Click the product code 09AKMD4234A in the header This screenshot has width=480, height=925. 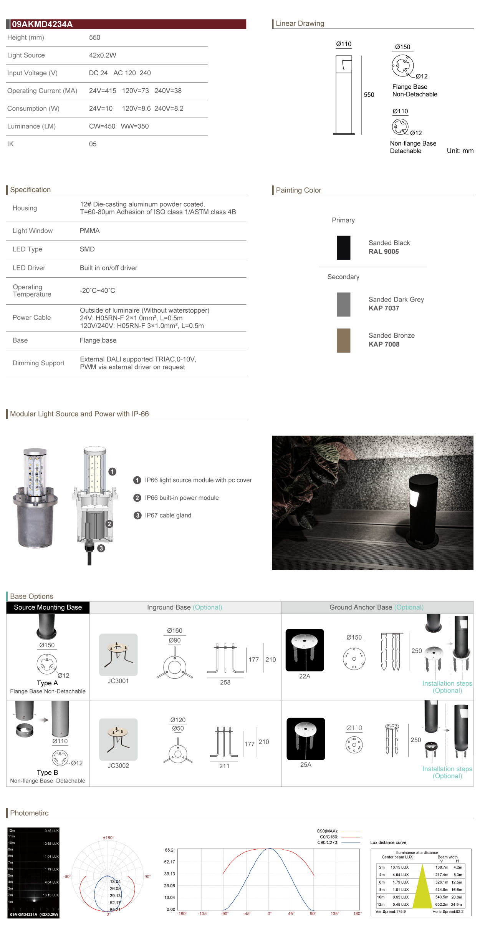pos(42,24)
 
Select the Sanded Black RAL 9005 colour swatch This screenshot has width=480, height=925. pos(343,248)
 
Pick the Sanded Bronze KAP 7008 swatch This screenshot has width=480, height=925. pos(343,340)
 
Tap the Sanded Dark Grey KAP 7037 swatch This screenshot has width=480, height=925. pos(343,304)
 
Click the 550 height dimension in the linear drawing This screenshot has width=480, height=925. pos(369,95)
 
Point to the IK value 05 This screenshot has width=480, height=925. pos(93,144)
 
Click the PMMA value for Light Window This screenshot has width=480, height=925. pos(89,231)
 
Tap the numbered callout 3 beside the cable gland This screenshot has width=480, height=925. pos(101,548)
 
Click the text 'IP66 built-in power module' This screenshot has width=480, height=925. pos(182,498)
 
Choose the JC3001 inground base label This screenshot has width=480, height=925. pos(118,681)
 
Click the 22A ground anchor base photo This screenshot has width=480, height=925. pos(305,650)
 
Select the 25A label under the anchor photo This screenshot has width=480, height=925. pos(306,765)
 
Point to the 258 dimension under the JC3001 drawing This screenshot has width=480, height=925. pos(225,683)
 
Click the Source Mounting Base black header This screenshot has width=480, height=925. pos(48,607)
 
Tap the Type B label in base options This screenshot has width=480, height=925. pos(47,772)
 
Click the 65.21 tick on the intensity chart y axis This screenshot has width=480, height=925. pos(170,850)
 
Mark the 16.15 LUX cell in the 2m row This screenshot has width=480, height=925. pos(399,867)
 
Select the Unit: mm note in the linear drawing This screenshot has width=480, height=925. pos(460,151)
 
